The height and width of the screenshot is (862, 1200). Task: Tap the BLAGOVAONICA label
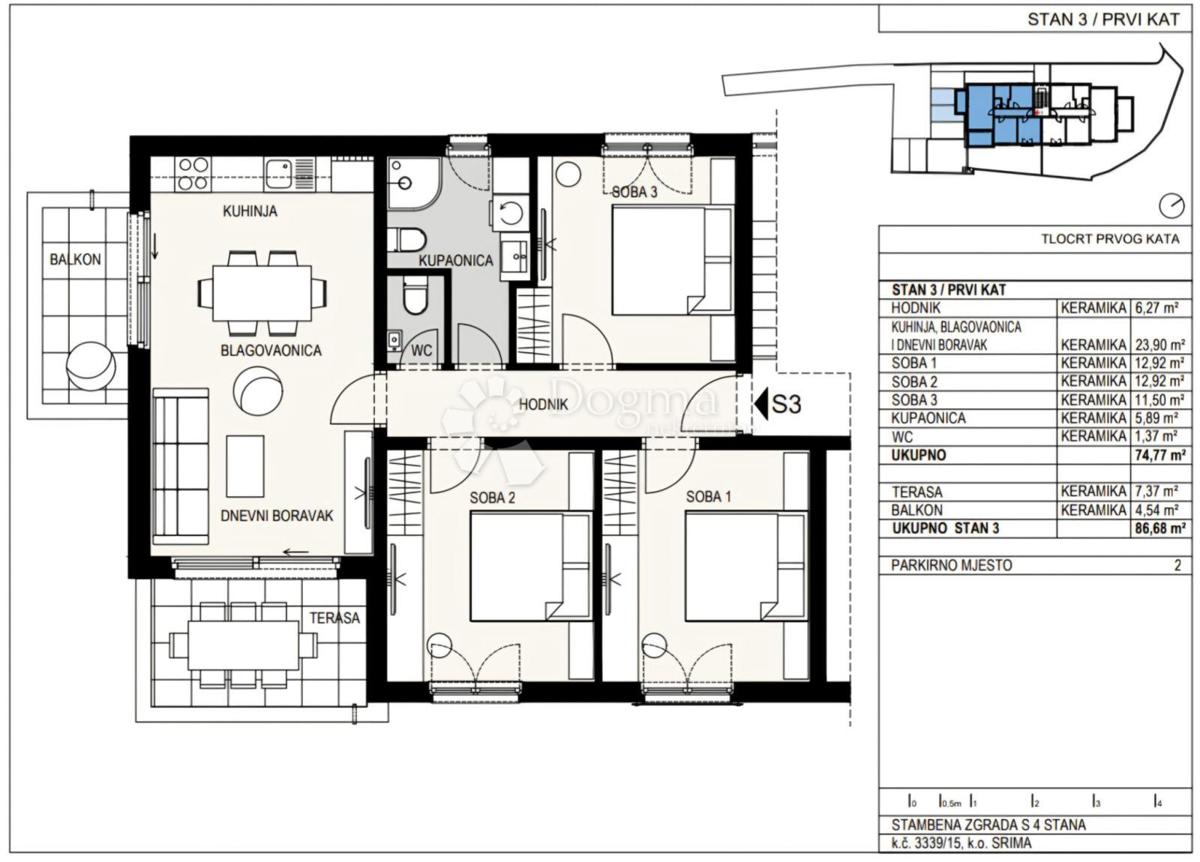(257, 351)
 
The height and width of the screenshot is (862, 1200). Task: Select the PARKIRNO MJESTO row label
(951, 565)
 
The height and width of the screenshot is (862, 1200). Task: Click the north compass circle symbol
(1168, 206)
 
